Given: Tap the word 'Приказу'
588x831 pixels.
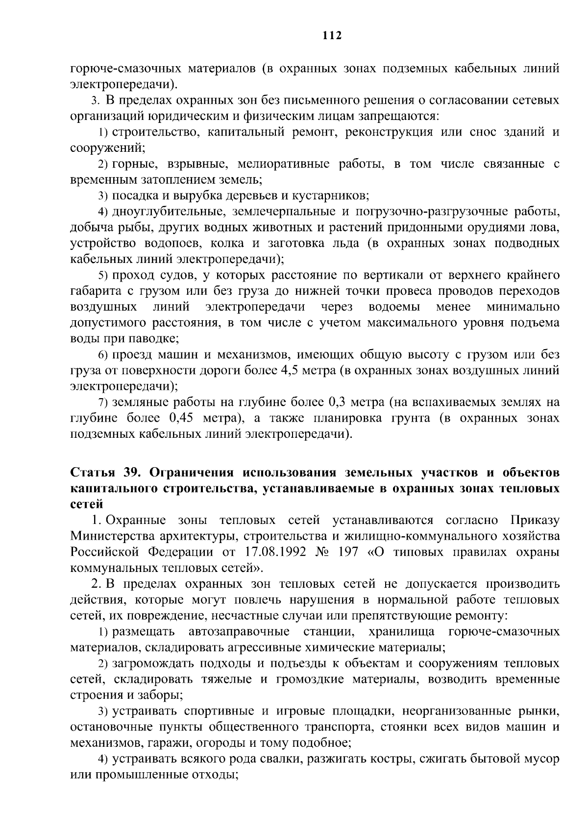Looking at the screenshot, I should (x=534, y=520).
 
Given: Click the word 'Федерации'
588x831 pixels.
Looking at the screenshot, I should (x=181, y=552).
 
